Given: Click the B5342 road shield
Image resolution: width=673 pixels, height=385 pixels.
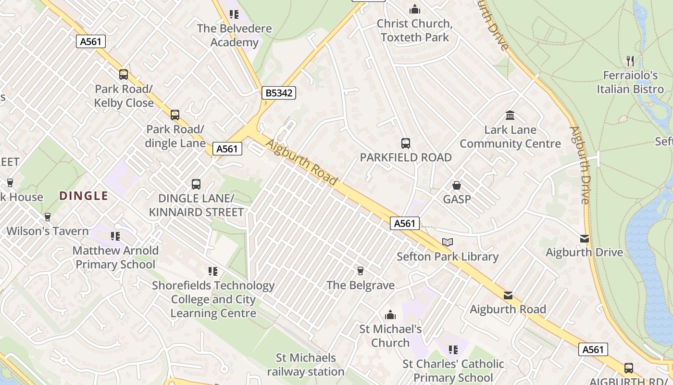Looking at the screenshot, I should click(x=279, y=93).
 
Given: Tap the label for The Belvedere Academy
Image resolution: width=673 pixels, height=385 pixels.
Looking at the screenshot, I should click(x=234, y=35).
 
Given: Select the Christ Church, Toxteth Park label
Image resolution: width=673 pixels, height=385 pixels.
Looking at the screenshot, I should click(x=414, y=30).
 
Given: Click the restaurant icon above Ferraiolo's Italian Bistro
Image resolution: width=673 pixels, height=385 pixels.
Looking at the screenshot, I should click(x=630, y=61).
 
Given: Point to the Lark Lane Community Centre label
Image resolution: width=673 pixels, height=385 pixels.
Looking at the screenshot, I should click(x=510, y=137).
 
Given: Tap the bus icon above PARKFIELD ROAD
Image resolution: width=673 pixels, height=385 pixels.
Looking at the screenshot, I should click(x=406, y=143).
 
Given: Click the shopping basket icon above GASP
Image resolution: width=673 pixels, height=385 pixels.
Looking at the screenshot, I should click(x=456, y=185).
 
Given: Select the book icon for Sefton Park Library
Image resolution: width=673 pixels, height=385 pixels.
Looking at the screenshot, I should click(x=448, y=242).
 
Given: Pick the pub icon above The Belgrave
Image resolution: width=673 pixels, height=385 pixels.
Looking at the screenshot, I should click(x=360, y=271).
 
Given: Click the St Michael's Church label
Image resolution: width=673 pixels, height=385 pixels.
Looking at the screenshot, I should click(x=390, y=336).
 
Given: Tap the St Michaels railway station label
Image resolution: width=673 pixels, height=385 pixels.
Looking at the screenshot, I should click(x=306, y=365).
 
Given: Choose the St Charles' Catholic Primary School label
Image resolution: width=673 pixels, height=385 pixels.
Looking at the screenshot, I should click(x=453, y=371).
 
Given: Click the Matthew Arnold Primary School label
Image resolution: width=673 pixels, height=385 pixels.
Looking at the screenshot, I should click(x=115, y=257).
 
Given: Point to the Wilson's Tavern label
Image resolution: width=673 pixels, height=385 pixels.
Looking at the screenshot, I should click(x=48, y=231).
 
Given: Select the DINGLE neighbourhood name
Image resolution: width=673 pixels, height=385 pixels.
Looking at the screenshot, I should click(x=83, y=196).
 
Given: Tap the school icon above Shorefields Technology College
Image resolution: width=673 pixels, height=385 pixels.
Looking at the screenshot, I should click(x=213, y=271).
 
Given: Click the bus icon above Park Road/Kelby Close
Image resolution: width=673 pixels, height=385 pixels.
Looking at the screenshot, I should click(x=124, y=74).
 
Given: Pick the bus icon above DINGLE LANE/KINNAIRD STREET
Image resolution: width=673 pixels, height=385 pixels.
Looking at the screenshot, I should click(x=196, y=184).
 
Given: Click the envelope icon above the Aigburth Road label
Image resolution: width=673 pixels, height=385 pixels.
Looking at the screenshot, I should click(x=508, y=295).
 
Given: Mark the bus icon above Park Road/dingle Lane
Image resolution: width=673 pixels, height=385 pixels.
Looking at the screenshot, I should click(x=175, y=115).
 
